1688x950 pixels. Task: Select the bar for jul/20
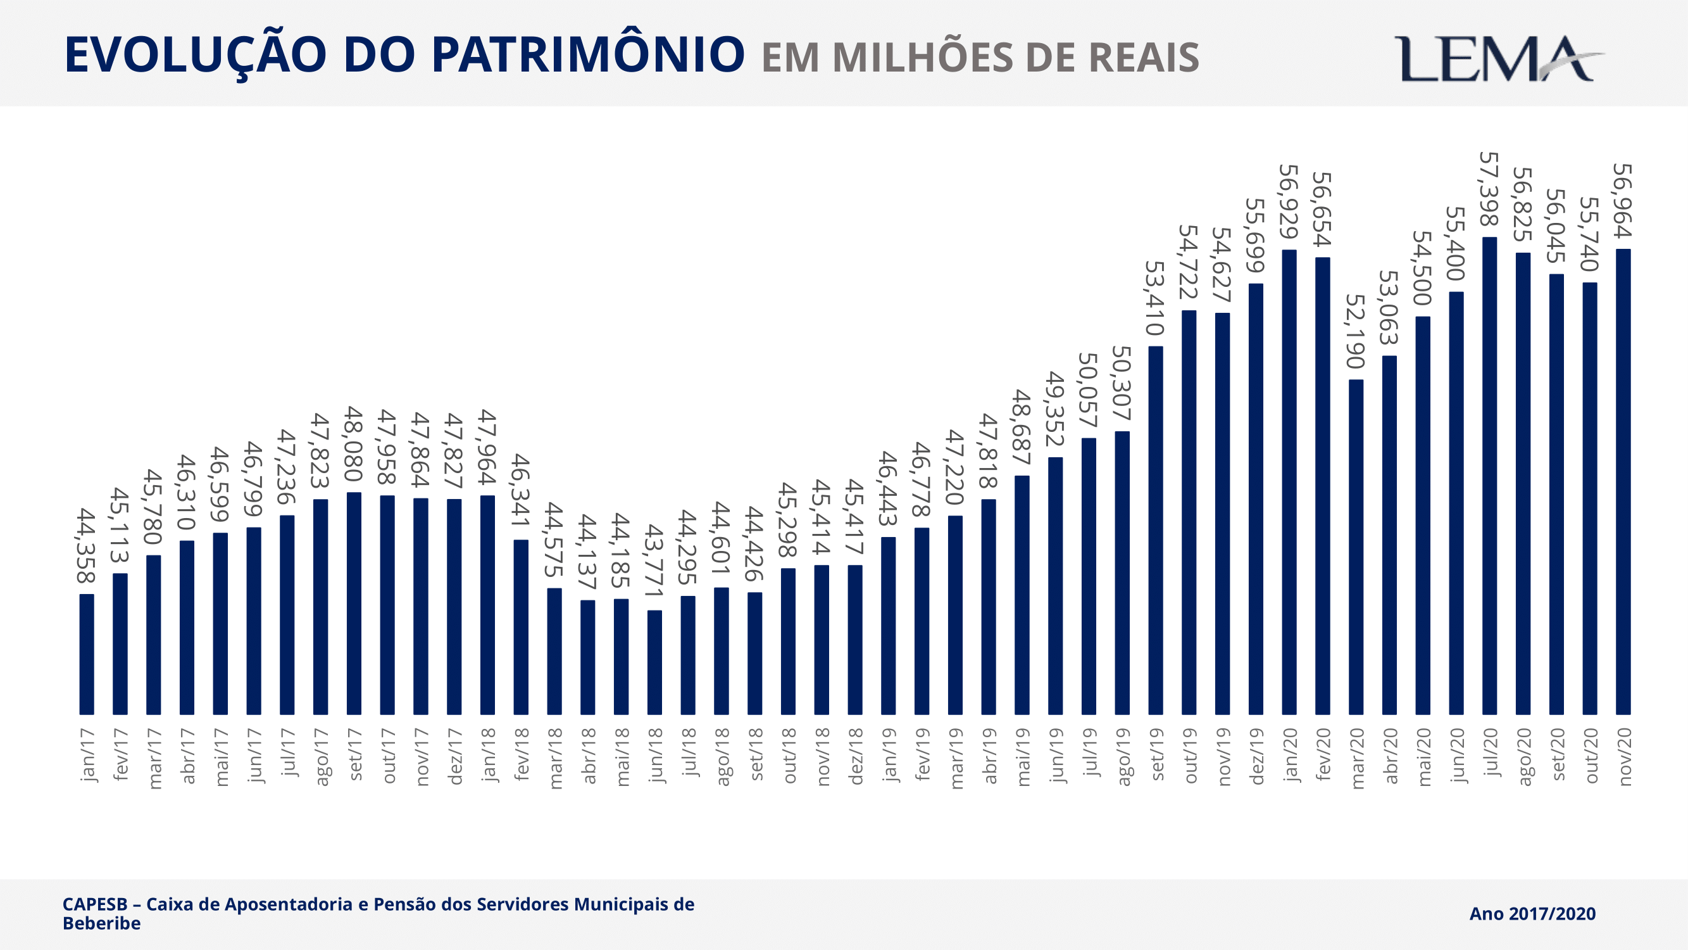point(1489,476)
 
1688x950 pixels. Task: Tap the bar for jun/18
point(654,662)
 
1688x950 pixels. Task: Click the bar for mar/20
point(1356,547)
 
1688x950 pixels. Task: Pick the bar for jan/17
point(87,654)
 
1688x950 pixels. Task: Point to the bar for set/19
point(1155,529)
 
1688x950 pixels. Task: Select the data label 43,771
point(654,561)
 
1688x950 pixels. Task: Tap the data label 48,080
point(354,444)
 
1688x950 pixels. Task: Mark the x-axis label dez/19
point(1256,756)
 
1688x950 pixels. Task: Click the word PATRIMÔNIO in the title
point(588,54)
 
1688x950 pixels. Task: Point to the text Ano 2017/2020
point(1532,914)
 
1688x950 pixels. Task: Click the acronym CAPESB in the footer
point(95,904)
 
